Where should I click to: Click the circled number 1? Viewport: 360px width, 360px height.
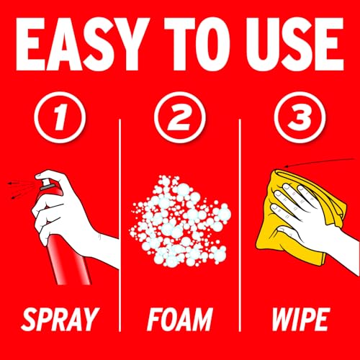60,117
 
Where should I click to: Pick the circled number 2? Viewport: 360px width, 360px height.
180,117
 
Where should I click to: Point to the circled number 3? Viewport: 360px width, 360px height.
300,117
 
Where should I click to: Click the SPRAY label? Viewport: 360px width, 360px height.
60,319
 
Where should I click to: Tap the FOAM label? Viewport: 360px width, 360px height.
180,319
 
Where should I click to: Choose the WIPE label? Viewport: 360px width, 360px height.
300,319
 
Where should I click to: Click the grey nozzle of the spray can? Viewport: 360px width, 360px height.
46,185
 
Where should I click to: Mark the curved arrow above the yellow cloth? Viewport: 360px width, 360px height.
319,162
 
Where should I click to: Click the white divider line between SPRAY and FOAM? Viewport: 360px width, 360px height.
120,225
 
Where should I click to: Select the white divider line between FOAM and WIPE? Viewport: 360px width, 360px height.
240,225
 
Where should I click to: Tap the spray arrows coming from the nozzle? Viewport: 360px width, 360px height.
22,189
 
